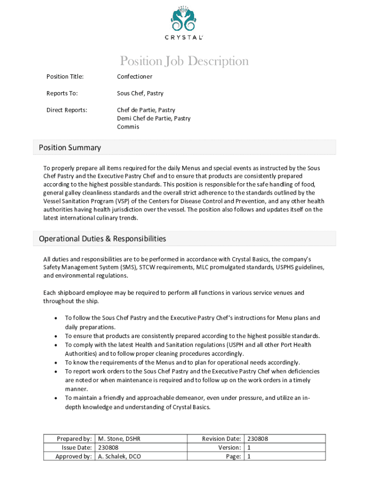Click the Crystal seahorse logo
pos(184,18)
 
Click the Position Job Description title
pos(184,61)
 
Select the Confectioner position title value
pos(135,77)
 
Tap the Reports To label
pos(62,94)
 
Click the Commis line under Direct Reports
pos(128,127)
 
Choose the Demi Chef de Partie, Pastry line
pos(153,118)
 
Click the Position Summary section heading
pos(70,148)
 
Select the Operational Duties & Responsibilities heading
pos(103,239)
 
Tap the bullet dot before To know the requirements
pos(57,363)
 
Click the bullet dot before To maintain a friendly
pos(57,398)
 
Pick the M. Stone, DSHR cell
pos(119,439)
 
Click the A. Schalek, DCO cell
pos(119,456)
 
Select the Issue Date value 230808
pos(108,448)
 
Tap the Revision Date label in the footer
pos(221,439)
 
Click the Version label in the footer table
pos(229,448)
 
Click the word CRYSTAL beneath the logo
pos(184,37)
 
